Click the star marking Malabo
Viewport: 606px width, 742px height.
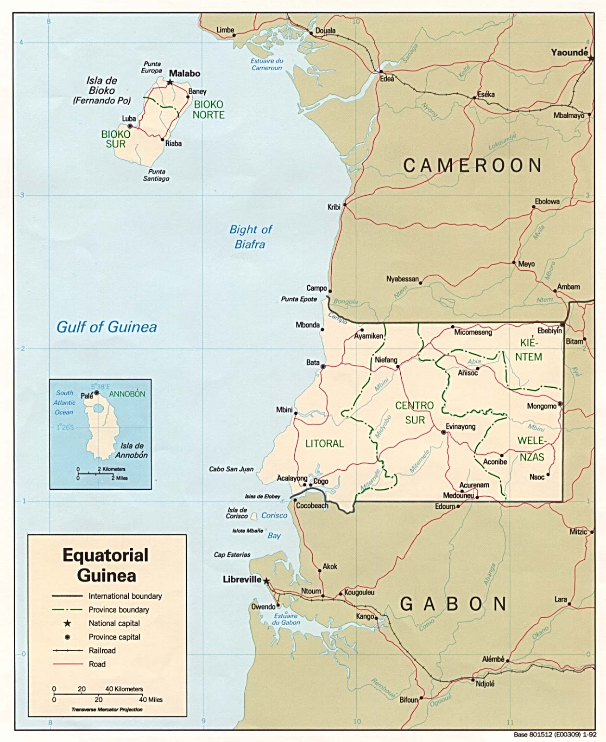(170, 82)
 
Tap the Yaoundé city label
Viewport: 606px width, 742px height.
(569, 52)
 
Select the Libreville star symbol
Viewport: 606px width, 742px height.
(266, 581)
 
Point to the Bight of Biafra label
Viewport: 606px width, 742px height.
(250, 237)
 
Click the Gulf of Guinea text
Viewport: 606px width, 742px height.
(107, 327)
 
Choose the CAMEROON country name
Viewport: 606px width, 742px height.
(473, 166)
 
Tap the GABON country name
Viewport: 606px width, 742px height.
(453, 604)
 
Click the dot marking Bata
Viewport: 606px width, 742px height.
(323, 366)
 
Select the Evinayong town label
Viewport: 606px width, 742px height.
(461, 426)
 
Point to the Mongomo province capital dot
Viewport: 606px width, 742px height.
(560, 404)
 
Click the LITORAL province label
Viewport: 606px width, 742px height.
(324, 444)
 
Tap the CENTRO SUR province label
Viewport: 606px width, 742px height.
(415, 413)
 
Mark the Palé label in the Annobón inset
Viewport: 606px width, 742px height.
(87, 396)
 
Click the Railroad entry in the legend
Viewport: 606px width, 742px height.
(102, 651)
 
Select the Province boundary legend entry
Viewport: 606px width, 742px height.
(119, 610)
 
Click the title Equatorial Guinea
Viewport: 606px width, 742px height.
(106, 565)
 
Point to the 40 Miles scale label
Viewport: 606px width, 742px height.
(151, 700)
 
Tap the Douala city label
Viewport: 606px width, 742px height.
(325, 31)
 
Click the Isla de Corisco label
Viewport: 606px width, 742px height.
(237, 513)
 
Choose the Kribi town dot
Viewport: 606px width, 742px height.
(345, 204)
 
